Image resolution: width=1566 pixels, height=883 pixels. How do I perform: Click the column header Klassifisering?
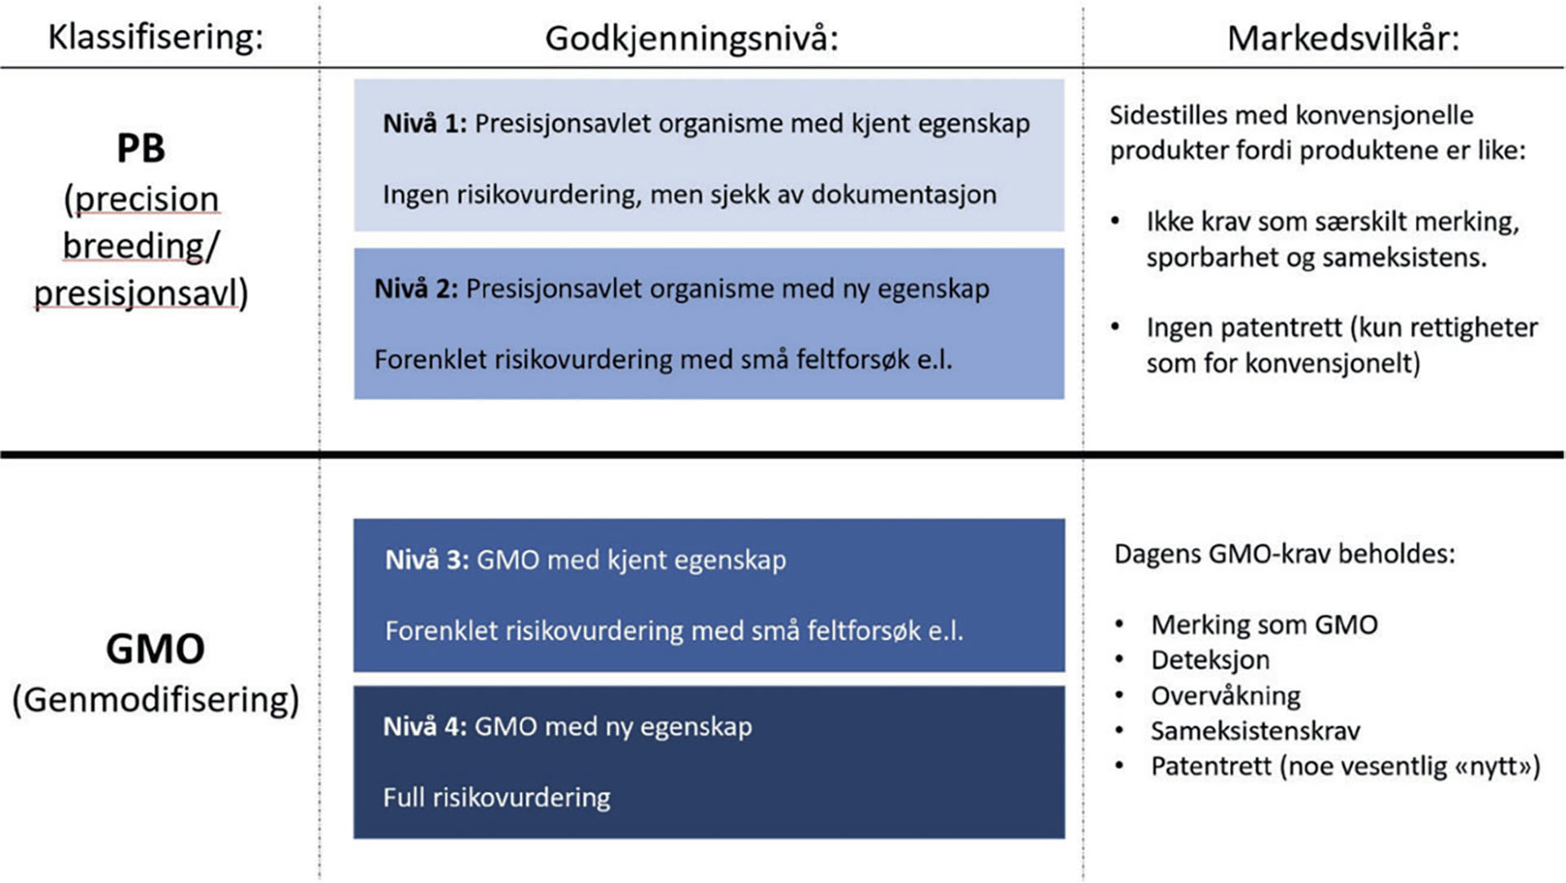156,38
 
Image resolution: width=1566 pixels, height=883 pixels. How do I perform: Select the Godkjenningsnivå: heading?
692,38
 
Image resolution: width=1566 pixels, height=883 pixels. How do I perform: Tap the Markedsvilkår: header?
1343,38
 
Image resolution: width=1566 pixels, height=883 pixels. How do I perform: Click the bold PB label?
141,148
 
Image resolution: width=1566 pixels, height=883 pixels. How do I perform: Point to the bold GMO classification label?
155,649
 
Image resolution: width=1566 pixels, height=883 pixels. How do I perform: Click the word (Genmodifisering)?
156,700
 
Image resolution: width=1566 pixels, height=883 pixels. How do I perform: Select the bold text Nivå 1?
424,124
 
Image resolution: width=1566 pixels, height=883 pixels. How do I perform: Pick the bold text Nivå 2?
416,289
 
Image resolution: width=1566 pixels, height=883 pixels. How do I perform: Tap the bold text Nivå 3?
427,560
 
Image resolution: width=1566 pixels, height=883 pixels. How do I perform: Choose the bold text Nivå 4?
424,726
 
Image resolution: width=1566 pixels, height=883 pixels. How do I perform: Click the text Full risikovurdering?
496,797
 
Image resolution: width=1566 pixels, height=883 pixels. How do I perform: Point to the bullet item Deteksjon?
1210,660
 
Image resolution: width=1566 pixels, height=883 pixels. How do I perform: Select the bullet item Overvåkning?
1225,695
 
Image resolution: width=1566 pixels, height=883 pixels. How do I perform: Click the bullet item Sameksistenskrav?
1255,731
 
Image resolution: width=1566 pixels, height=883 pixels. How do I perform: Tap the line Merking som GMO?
1264,625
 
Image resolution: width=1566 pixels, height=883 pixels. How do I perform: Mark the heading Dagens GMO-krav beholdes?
1285,554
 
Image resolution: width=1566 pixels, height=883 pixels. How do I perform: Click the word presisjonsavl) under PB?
141,294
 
